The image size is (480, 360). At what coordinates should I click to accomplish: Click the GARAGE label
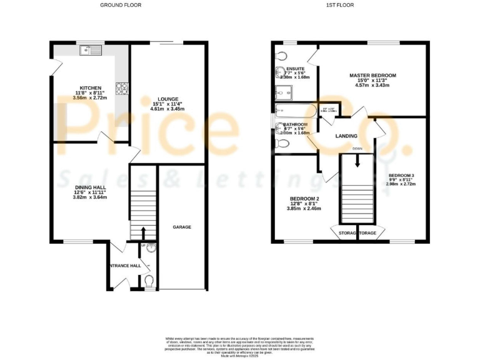click(x=182, y=227)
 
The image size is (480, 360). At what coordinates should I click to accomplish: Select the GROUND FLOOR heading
click(x=121, y=5)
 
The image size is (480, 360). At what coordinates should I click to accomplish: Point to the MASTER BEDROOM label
click(x=372, y=75)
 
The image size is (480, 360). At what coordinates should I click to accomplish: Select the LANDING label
click(x=346, y=136)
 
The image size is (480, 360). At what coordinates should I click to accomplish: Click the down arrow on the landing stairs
click(x=357, y=159)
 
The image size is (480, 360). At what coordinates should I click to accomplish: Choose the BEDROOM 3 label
click(x=401, y=175)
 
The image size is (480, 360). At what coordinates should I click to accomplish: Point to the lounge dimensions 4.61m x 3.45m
click(x=167, y=109)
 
